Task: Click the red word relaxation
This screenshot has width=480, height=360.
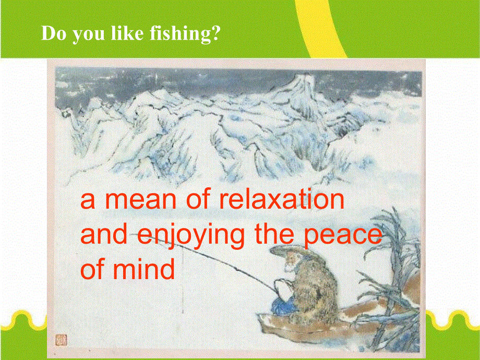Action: point(282,200)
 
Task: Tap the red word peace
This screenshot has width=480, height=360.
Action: point(344,236)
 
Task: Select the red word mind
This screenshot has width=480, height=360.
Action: point(143,269)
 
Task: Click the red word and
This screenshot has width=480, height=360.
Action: point(104,234)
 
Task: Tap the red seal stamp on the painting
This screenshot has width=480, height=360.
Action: point(62,340)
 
